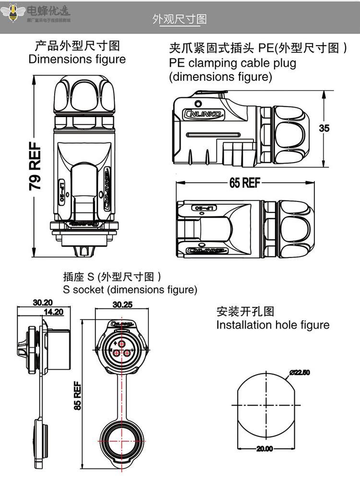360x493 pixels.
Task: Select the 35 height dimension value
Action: pos(324,128)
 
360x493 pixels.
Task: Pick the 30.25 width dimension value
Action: pos(122,304)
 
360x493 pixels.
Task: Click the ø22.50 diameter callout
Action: pos(300,373)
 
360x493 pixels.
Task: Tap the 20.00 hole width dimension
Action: pos(264,449)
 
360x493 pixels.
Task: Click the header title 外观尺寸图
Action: pos(180,19)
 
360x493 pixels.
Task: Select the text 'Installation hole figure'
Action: pos(273,325)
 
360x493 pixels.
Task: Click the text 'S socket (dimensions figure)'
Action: pos(130,290)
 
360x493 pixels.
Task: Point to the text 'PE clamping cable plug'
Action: pos(232,63)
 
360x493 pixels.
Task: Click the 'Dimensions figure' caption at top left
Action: pos(77,59)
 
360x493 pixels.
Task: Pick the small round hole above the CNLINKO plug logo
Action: pos(198,103)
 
